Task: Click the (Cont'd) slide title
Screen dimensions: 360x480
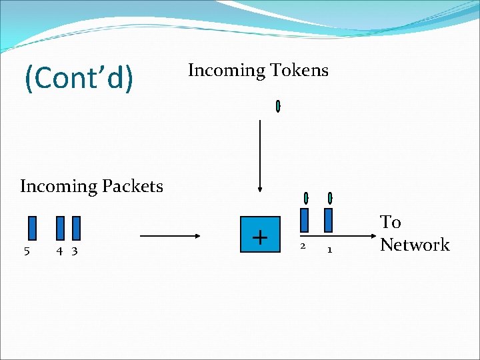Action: coord(79,77)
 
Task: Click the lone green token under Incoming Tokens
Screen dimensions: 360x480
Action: coord(278,106)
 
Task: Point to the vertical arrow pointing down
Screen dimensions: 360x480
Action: coord(260,153)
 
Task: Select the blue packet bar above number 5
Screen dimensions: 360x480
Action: coord(32,227)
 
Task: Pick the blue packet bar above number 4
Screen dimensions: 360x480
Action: coord(61,227)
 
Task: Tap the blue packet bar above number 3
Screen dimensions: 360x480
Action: coord(76,227)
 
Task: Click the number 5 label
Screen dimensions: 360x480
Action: coord(27,251)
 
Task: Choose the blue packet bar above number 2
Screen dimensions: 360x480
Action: coord(305,220)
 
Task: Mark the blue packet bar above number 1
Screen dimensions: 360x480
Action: coord(329,220)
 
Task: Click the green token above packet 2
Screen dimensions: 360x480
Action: coord(306,198)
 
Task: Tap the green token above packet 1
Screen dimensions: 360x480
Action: coord(330,198)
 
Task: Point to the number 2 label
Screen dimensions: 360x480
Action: coord(303,247)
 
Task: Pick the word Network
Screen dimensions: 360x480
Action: coord(415,245)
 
